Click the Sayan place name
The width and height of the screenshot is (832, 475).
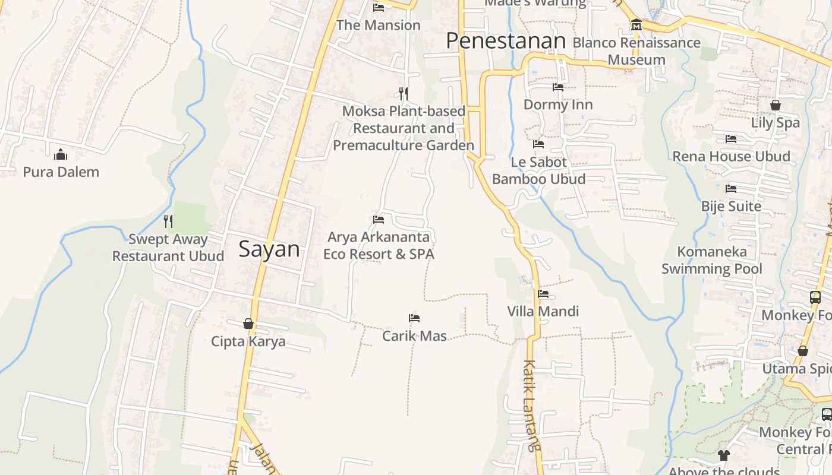pos(269,249)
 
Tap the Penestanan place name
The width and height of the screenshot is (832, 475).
pos(505,41)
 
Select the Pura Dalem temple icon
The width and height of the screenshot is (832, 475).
pos(61,155)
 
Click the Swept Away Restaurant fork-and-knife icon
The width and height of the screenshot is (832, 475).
pos(168,221)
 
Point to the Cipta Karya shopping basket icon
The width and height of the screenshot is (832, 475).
pos(248,324)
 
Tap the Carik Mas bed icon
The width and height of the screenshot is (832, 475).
pos(414,318)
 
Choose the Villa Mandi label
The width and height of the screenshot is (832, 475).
pos(543,311)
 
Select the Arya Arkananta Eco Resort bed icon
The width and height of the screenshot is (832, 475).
pos(379,220)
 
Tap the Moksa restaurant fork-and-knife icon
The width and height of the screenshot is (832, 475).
pos(404,93)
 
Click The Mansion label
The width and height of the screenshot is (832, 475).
pos(378,26)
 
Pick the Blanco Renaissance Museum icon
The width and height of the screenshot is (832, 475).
pos(636,25)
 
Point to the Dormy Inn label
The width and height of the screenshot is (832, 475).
pos(558,104)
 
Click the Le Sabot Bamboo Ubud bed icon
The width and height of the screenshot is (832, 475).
pos(538,144)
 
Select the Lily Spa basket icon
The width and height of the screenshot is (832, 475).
pos(776,105)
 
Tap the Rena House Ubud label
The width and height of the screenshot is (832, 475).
pos(731,156)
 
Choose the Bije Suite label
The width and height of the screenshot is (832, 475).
pos(731,206)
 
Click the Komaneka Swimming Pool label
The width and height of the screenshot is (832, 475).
pos(711,260)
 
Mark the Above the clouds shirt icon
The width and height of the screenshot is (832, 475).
pos(723,455)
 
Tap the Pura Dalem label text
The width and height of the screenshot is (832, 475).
pos(61,172)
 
